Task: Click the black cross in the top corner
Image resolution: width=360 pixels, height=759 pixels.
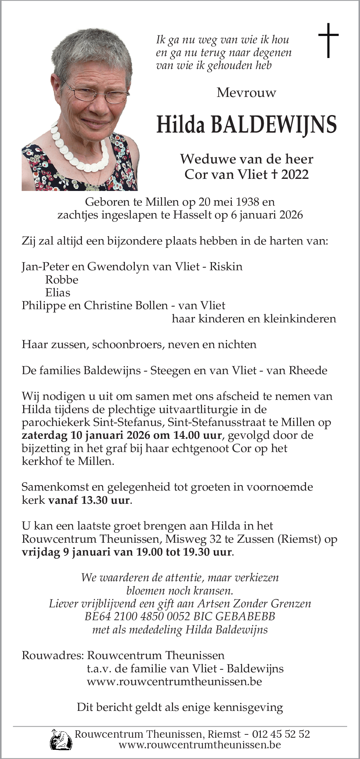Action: click(328, 40)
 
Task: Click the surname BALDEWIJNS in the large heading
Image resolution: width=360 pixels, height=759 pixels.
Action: click(274, 125)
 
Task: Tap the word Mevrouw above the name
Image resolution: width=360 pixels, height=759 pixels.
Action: click(246, 93)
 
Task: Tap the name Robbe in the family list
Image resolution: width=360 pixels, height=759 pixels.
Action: click(62, 280)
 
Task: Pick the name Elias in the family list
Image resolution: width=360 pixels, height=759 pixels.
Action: click(58, 293)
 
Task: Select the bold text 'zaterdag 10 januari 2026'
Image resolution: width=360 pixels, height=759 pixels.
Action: click(86, 435)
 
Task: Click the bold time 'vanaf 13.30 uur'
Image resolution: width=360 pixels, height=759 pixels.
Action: click(89, 500)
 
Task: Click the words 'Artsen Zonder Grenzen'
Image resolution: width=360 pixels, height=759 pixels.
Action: click(254, 604)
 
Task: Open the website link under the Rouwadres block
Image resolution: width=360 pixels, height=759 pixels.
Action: click(174, 682)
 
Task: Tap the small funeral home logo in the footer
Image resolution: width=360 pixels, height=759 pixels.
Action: click(61, 739)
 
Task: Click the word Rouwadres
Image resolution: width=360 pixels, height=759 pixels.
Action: click(53, 655)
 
